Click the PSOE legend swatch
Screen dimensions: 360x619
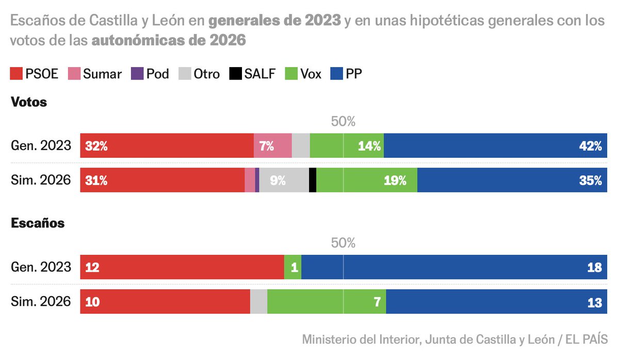click(x=17, y=74)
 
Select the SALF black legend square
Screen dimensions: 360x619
click(x=235, y=74)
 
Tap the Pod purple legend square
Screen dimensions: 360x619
click(x=137, y=74)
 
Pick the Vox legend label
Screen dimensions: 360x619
click(x=311, y=74)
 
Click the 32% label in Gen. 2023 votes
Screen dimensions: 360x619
click(x=96, y=146)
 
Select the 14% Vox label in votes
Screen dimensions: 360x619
click(x=370, y=146)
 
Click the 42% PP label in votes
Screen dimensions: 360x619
click(x=590, y=146)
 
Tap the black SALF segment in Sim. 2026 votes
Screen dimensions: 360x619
click(x=313, y=181)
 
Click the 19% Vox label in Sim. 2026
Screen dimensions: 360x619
click(x=395, y=181)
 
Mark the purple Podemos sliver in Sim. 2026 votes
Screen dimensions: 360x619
click(x=257, y=181)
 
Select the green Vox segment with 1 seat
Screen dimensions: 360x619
click(x=292, y=267)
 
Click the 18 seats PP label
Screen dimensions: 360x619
click(x=594, y=267)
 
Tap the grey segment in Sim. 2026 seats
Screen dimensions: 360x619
click(x=258, y=302)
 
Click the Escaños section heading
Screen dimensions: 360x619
click(x=38, y=223)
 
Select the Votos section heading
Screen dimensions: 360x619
click(x=29, y=102)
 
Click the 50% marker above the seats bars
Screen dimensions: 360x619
click(x=343, y=243)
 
